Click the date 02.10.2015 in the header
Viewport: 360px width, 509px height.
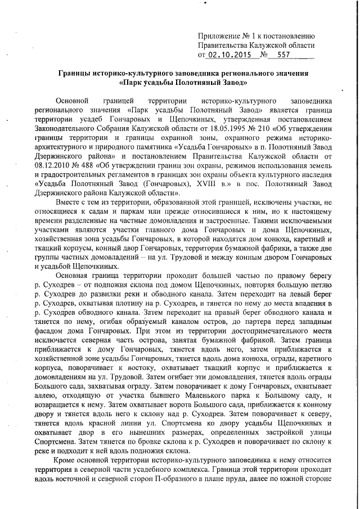pyautogui.click(x=229, y=55)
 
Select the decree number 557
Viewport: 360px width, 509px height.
pyautogui.click(x=284, y=55)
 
